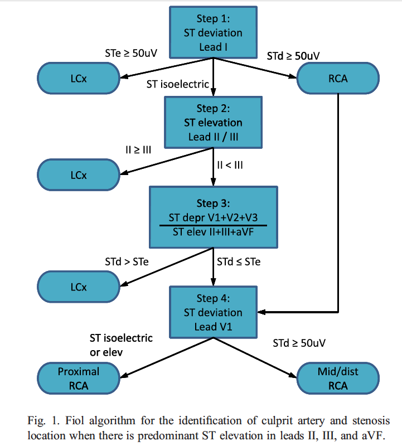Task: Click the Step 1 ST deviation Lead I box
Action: (212, 32)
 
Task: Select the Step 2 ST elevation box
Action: (212, 122)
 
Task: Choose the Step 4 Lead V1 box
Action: (212, 312)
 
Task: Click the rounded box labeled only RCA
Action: (338, 78)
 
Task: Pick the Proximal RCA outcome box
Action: (78, 378)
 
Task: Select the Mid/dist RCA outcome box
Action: (337, 378)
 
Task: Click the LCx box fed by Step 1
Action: (78, 78)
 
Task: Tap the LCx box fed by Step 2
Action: (78, 174)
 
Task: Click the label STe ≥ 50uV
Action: (131, 54)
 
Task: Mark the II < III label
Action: (230, 165)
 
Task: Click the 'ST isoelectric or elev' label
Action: (121, 345)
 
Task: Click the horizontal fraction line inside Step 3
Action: (212, 225)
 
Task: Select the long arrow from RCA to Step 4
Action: (338, 212)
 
